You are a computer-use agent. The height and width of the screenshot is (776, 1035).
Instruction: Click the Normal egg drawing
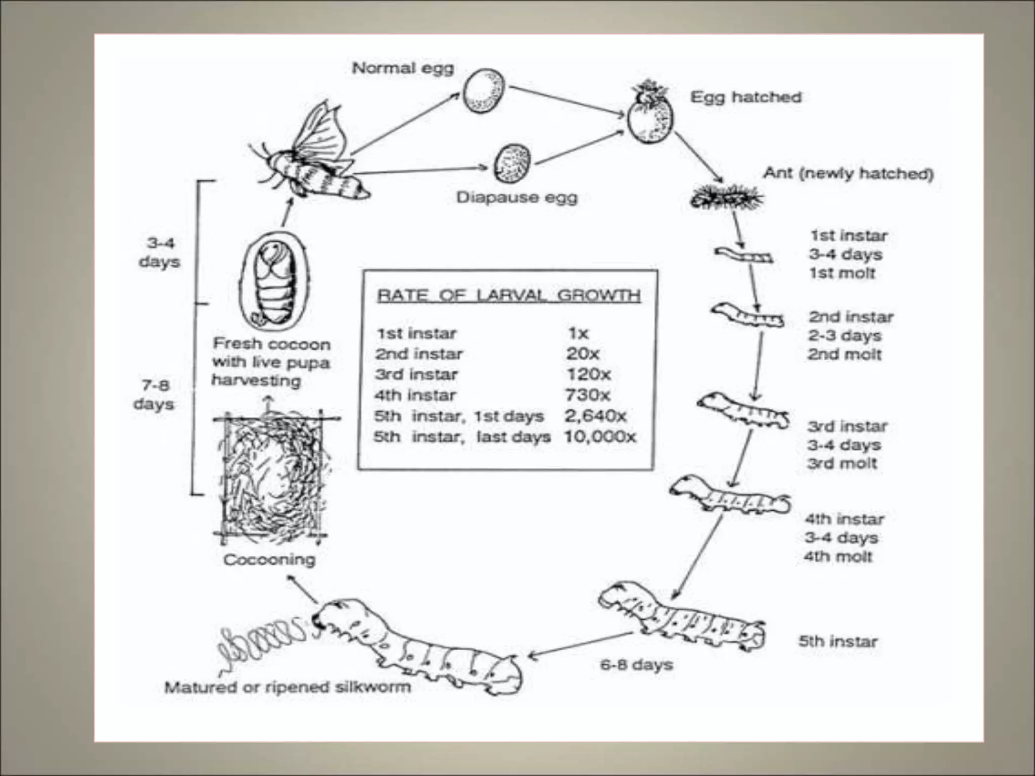tap(484, 91)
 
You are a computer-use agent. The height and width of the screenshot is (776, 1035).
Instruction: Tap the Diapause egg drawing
tap(512, 164)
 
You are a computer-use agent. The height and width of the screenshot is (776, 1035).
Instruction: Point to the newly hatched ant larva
tap(726, 197)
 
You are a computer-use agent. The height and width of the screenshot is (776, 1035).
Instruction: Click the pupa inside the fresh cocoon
tap(274, 285)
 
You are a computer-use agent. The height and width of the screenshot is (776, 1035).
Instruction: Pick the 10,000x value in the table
tap(599, 437)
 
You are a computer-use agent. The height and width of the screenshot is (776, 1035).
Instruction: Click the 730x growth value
tap(587, 395)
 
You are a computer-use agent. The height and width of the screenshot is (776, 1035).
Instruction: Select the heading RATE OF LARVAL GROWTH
tap(508, 296)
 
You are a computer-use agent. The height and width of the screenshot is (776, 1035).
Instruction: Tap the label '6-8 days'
tap(636, 664)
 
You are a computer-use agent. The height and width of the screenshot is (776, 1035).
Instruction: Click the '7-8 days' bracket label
tap(154, 395)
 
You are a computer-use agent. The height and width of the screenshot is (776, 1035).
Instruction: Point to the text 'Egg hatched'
tap(746, 97)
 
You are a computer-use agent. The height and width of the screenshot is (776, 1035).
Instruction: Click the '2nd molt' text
tap(844, 354)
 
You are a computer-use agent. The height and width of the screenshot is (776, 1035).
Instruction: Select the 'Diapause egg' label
tap(516, 197)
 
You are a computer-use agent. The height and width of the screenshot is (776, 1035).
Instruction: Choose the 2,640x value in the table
tap(595, 416)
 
